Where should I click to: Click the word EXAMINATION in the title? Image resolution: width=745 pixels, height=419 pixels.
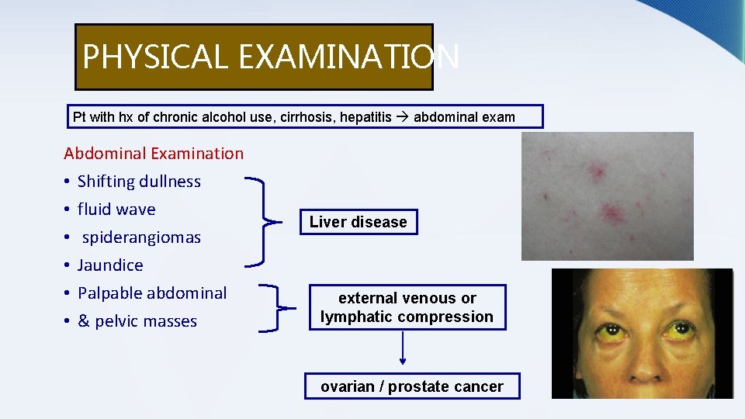349,57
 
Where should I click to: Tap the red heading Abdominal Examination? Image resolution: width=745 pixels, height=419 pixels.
154,154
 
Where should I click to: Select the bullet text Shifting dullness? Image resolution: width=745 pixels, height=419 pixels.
139,182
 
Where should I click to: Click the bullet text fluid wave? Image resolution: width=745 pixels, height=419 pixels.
116,209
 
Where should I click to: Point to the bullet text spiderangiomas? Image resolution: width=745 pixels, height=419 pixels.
141,237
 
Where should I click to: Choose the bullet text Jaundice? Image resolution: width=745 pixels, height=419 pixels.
110,265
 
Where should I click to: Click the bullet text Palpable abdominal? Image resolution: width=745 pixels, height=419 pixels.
152,293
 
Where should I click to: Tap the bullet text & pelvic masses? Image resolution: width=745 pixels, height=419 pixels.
137,321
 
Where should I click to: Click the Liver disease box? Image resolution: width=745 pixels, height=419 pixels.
358,222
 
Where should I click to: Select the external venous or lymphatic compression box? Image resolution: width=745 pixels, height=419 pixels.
407,307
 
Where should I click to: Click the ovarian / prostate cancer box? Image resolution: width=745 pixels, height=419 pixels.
411,386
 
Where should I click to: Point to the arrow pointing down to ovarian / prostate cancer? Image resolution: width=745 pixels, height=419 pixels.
403,348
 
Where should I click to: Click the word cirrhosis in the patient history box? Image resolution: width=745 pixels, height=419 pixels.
294,117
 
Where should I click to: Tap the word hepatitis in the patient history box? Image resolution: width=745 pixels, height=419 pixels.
366,117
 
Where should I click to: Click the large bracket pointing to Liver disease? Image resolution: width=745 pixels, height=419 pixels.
269,222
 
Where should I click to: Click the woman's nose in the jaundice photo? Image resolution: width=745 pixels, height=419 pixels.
643,341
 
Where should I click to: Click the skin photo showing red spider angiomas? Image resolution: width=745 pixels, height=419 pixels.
607,196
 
